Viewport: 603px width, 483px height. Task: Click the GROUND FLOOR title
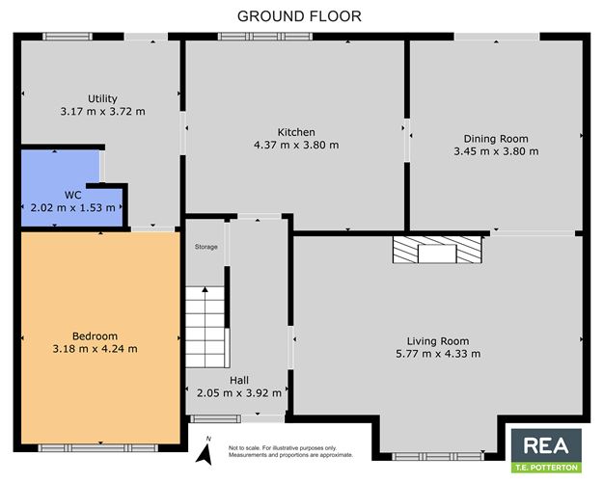[x=299, y=16]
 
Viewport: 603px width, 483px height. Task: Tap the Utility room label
[x=102, y=99]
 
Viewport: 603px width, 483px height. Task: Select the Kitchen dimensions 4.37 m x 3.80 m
[x=296, y=145]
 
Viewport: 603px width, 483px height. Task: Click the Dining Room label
[x=496, y=139]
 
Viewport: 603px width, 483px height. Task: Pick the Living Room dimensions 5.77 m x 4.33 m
[x=438, y=354]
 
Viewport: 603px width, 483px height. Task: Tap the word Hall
[x=239, y=381]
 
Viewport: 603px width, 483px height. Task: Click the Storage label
[x=206, y=247]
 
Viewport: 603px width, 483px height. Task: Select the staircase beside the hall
[x=206, y=327]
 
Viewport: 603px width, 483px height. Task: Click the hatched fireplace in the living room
[x=437, y=250]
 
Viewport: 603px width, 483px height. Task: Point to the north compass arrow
[x=205, y=454]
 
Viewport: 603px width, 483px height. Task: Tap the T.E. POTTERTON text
[x=546, y=468]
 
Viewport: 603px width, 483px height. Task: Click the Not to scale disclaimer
[x=290, y=451]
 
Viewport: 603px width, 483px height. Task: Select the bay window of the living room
[x=438, y=456]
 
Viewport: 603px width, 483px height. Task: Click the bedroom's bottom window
[x=98, y=447]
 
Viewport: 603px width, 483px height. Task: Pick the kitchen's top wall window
[x=265, y=37]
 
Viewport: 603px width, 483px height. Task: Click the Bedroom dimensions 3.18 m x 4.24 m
[x=95, y=349]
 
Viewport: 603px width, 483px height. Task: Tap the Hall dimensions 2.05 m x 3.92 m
[x=239, y=393]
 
